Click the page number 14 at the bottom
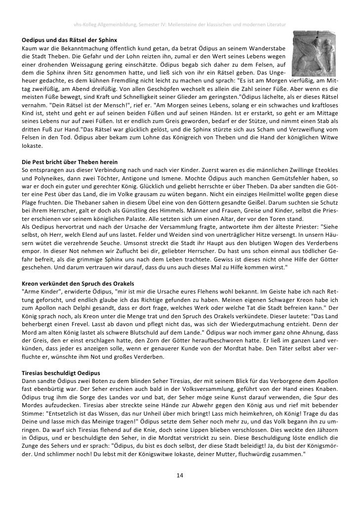(180, 475)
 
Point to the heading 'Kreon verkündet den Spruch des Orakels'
(78, 284)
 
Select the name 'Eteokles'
(324, 170)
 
